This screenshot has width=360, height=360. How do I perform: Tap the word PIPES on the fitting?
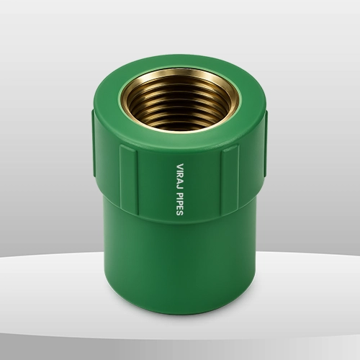[180, 204]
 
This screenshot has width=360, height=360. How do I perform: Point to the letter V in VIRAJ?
[180, 166]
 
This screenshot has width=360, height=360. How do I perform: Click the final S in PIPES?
[180, 213]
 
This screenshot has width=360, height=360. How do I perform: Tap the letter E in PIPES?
[180, 208]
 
